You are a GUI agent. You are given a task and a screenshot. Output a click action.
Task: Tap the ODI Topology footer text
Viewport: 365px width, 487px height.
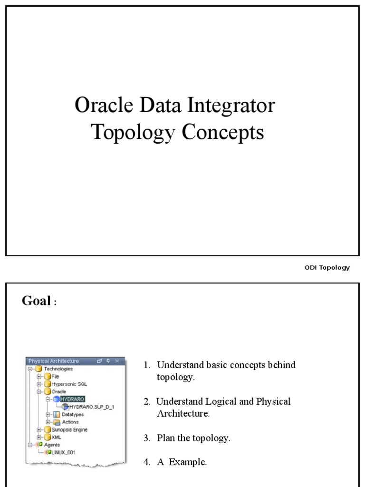[327, 267]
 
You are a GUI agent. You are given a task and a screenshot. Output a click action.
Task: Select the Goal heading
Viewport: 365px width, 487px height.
[36, 301]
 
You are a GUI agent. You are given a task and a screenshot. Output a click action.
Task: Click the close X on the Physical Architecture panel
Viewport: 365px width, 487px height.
[117, 361]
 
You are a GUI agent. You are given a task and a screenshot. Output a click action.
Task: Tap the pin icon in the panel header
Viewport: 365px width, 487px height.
[108, 361]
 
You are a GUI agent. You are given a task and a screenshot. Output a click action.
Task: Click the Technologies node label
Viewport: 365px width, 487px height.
[58, 369]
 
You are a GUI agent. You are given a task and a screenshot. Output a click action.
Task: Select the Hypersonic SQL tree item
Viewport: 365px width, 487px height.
[69, 384]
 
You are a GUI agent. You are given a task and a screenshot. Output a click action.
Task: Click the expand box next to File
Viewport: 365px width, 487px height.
[39, 376]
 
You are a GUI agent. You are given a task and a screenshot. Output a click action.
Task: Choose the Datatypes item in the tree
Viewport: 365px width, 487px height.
[73, 414]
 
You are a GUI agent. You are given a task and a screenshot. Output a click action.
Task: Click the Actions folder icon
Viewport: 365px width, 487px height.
[57, 422]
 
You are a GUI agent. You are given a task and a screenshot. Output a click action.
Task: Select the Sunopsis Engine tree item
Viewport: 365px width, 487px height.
[69, 429]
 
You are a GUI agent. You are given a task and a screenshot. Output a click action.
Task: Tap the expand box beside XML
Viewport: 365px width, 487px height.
[39, 437]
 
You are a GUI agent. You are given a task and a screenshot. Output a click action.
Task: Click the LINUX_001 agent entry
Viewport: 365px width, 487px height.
[64, 452]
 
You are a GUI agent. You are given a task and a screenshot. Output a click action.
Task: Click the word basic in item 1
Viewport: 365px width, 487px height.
[216, 365]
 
